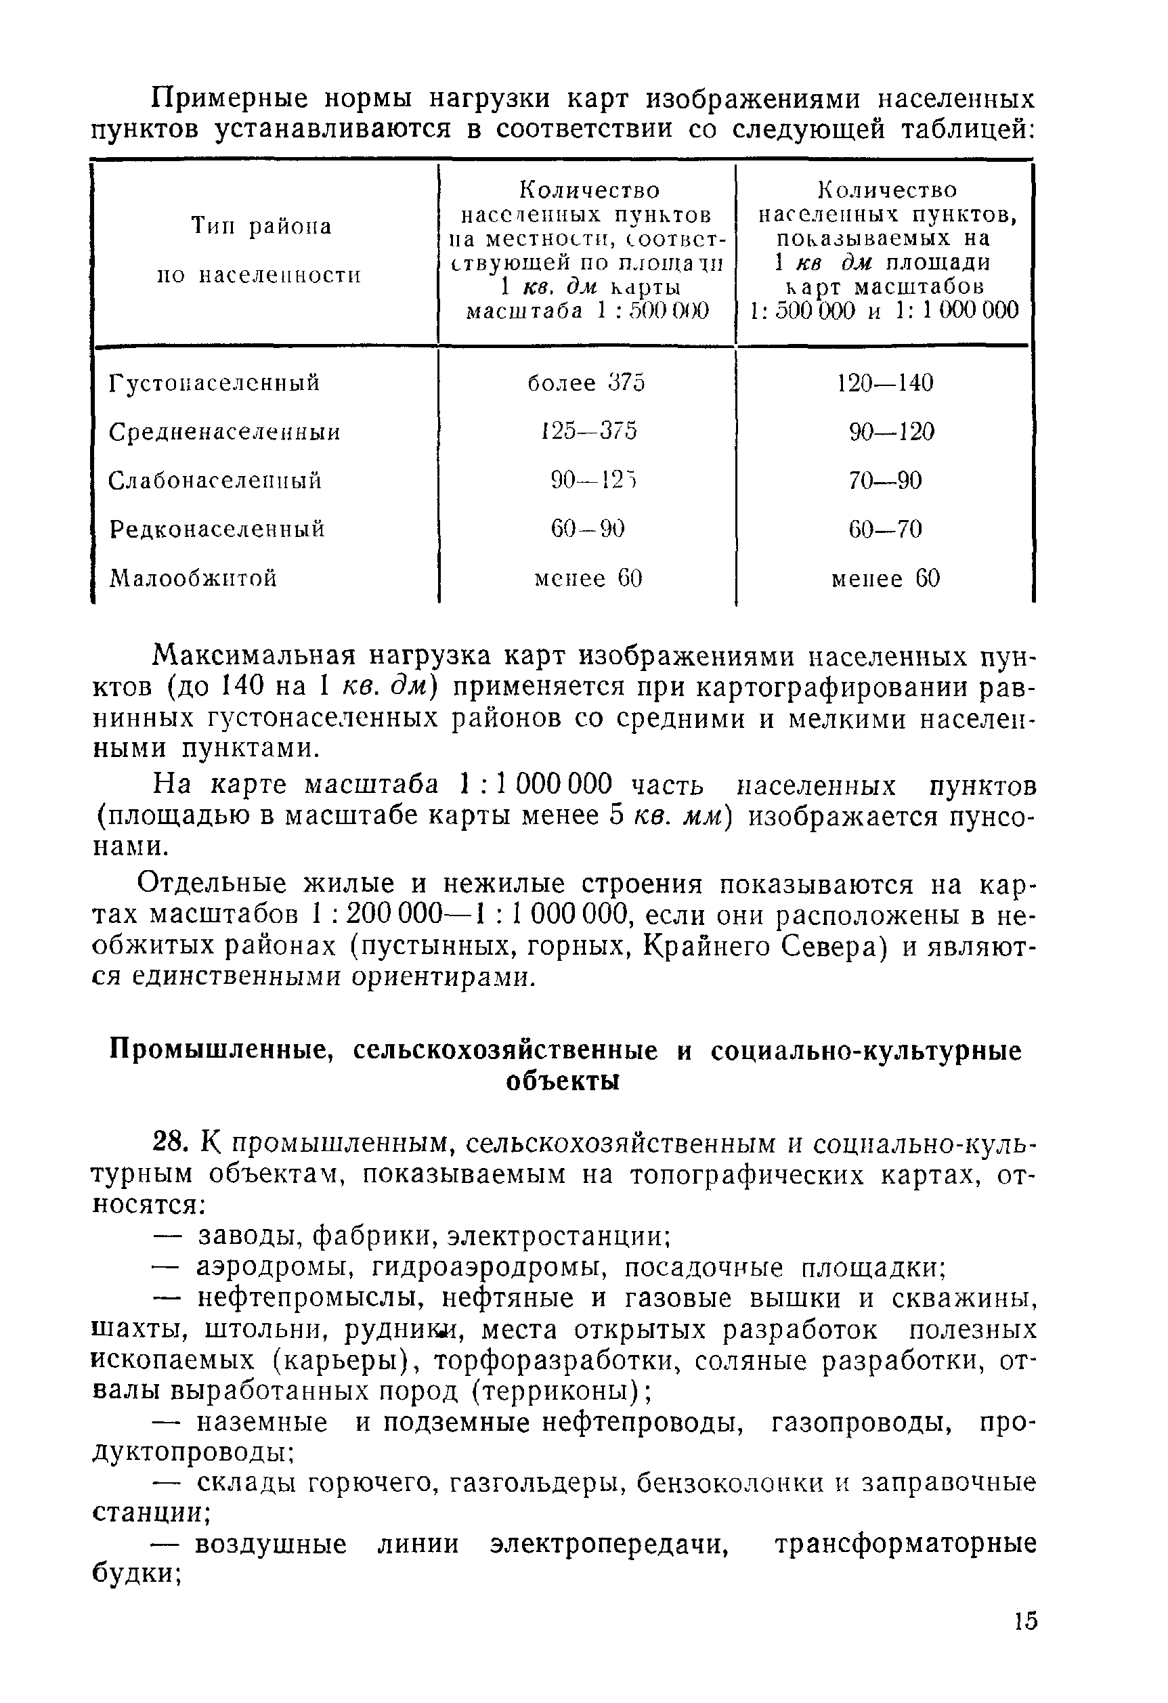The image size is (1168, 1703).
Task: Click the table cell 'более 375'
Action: [x=586, y=383]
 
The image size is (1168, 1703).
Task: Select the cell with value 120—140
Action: [x=885, y=383]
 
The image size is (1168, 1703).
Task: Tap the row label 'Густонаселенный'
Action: [x=214, y=383]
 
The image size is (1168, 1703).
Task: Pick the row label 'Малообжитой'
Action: [x=193, y=579]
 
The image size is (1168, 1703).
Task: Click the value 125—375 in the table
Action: [x=588, y=431]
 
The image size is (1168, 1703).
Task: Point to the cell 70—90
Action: [x=885, y=481]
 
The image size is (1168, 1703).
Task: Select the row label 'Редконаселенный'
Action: [x=217, y=529]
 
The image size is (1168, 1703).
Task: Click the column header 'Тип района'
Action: [x=261, y=225]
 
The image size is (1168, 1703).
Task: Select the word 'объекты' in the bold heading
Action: [x=563, y=1081]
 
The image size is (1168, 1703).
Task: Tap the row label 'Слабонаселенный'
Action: [x=215, y=481]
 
